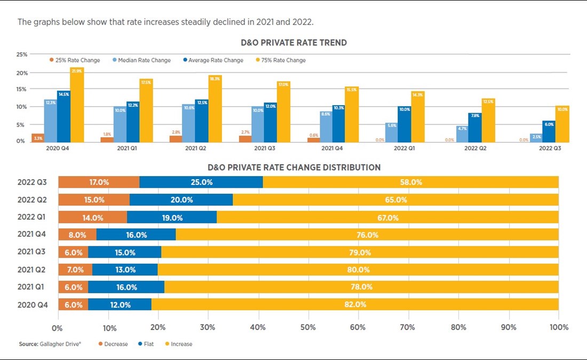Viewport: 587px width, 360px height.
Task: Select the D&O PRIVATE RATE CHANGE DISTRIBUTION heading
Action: click(294, 167)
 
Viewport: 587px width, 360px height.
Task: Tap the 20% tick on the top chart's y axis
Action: click(22, 73)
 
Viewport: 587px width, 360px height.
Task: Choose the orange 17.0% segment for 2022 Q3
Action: click(99, 182)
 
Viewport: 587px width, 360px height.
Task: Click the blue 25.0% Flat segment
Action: click(201, 182)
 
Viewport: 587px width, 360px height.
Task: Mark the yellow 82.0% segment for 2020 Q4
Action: click(355, 305)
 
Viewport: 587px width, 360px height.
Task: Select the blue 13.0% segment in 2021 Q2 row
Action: click(125, 270)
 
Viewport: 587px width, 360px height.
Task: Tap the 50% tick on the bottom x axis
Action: click(308, 327)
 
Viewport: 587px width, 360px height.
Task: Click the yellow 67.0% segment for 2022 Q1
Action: click(388, 218)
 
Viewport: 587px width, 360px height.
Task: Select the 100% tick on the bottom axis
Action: click(558, 327)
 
